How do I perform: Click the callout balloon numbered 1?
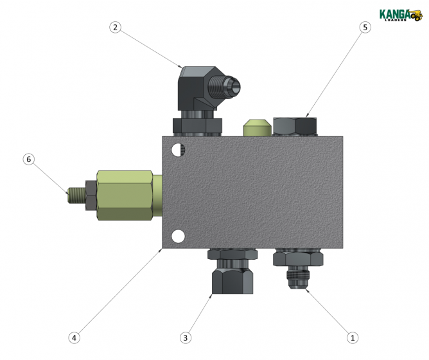351,336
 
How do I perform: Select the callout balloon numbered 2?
115,27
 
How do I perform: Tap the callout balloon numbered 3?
186,337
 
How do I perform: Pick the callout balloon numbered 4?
74,337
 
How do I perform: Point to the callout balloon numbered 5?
365,27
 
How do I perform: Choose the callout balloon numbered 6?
28,159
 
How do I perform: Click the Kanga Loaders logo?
400,14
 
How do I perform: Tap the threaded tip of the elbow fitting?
232,84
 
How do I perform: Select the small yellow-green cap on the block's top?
257,127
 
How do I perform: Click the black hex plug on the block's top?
295,126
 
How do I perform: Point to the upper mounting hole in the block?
178,150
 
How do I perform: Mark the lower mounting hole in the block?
178,237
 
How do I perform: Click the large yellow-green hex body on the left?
125,195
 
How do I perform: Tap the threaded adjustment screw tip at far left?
75,194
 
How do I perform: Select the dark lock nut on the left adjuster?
91,195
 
